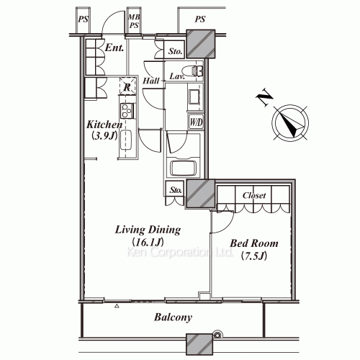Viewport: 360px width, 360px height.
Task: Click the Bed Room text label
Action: [x=253, y=244]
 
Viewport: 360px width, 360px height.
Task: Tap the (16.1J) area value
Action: [x=148, y=243]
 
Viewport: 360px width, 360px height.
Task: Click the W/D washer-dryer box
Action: [x=196, y=122]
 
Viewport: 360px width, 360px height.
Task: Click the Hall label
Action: [x=150, y=82]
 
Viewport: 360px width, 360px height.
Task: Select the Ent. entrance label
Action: [x=114, y=49]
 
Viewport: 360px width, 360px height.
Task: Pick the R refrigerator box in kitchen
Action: [x=127, y=87]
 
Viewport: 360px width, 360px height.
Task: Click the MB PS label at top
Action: [x=134, y=21]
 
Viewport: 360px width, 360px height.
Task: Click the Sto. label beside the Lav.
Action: [x=175, y=51]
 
